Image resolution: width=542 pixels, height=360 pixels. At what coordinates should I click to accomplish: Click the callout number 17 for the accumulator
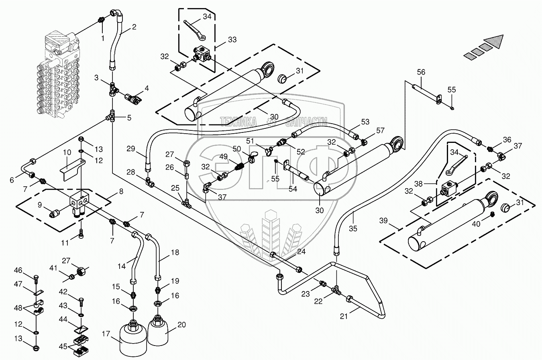(106, 334)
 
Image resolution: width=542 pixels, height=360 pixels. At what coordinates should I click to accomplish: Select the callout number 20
(182, 325)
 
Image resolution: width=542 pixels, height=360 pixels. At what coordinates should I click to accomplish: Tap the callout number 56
(421, 72)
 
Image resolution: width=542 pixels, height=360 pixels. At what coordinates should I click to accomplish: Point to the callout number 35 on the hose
(353, 228)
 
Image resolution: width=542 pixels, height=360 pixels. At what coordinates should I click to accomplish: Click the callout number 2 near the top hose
(134, 27)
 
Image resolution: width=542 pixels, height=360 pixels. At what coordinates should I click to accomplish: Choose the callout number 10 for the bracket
(67, 153)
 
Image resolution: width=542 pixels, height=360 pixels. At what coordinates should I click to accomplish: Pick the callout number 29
(131, 148)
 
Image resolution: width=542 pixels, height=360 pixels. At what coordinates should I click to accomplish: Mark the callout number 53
(365, 122)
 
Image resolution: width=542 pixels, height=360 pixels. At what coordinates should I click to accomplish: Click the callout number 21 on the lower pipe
(344, 316)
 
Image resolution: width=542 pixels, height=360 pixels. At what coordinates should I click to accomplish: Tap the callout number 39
(383, 221)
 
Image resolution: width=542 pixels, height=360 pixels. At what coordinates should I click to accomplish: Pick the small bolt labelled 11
(81, 234)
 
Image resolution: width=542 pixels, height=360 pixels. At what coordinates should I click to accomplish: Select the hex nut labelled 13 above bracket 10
(81, 139)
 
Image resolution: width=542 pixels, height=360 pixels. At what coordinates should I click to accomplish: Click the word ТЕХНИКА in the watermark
(238, 122)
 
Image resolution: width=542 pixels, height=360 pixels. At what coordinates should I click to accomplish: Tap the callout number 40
(476, 224)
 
